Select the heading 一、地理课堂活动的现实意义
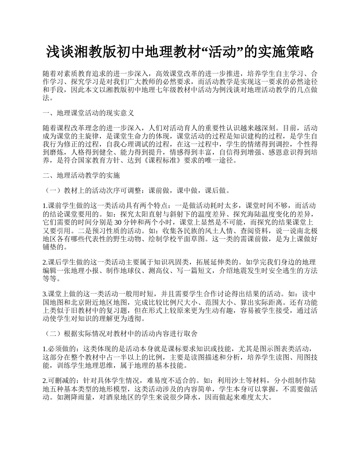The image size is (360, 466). [x=88, y=113]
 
